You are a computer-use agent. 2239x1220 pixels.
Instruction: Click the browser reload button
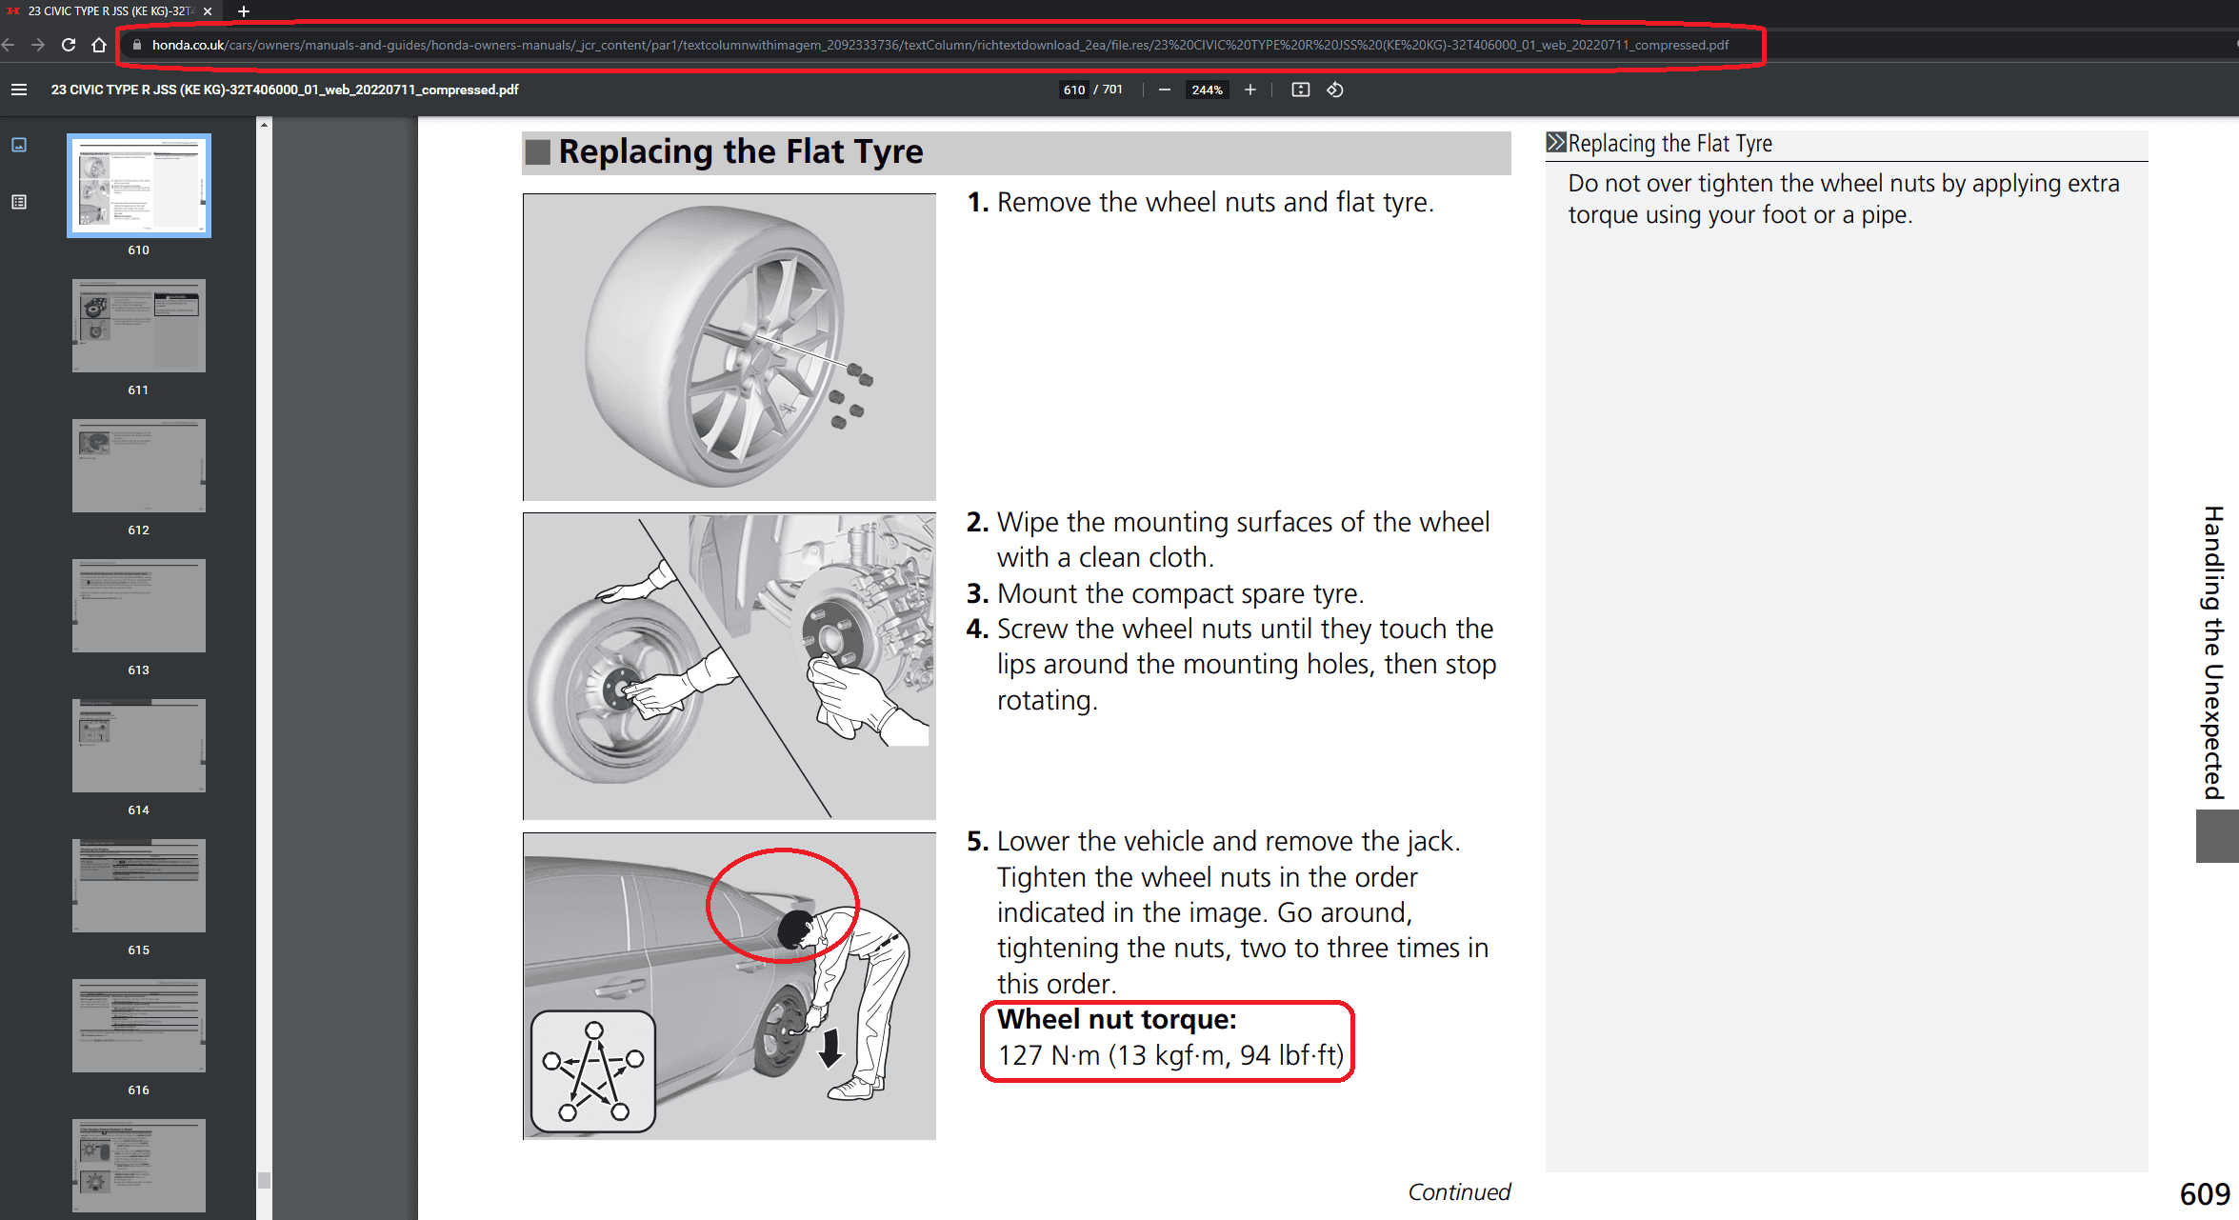[x=69, y=45]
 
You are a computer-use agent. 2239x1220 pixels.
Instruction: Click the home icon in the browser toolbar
[x=99, y=45]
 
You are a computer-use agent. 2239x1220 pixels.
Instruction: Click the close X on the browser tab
[x=208, y=11]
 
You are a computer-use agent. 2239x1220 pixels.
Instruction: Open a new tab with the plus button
[x=244, y=11]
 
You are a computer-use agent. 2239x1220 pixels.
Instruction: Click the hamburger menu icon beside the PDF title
[x=19, y=90]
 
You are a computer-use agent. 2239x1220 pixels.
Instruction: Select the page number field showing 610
[x=1073, y=90]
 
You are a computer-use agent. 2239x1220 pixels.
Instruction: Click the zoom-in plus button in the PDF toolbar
[x=1250, y=90]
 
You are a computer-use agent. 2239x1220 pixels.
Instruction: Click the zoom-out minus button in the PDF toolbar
[x=1164, y=90]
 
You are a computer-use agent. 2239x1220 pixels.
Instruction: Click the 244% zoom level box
[x=1207, y=90]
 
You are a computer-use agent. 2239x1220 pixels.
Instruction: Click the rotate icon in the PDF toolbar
[x=1335, y=90]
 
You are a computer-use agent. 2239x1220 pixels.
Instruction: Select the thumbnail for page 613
[x=139, y=606]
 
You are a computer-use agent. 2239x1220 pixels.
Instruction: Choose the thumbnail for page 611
[x=139, y=326]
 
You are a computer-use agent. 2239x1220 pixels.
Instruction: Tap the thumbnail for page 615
[x=139, y=886]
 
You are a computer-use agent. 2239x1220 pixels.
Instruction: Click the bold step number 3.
[x=976, y=593]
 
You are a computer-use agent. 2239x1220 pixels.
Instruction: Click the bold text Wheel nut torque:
[x=1116, y=1020]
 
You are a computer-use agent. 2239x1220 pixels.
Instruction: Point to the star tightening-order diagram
[x=593, y=1071]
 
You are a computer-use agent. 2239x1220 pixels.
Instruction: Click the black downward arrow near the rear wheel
[x=830, y=1048]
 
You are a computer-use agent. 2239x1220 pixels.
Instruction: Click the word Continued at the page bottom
[x=1459, y=1191]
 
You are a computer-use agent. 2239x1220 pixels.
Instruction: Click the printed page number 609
[x=2204, y=1194]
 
